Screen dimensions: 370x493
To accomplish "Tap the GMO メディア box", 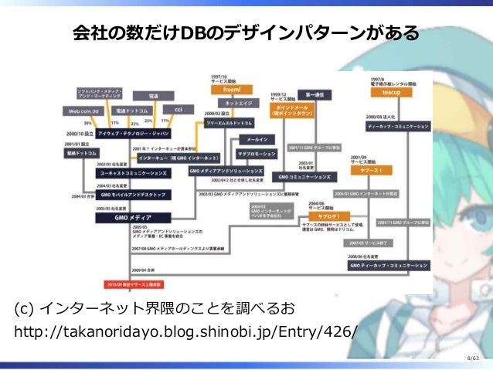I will (x=128, y=219).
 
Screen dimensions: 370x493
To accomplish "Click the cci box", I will (x=178, y=109).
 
